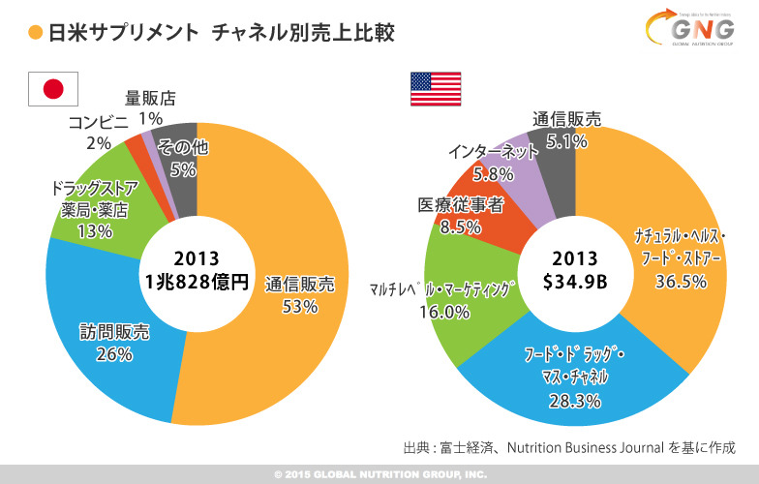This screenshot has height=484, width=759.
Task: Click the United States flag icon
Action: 435,89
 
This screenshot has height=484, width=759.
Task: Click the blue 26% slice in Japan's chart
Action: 106,339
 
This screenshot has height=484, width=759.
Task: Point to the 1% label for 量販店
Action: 150,118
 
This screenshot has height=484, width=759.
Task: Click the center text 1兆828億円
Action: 197,283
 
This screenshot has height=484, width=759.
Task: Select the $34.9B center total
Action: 575,283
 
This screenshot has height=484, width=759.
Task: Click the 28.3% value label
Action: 574,400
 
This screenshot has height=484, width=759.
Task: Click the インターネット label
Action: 493,152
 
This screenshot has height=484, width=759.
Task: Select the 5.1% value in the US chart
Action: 566,141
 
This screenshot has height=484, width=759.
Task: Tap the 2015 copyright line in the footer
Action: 379,474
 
